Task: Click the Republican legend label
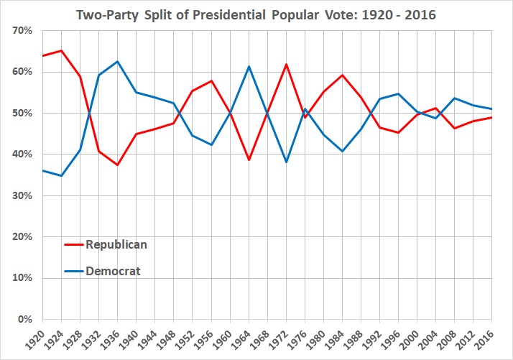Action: pos(116,244)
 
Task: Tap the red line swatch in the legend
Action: pos(73,244)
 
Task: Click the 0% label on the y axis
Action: pos(27,319)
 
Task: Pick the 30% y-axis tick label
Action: pos(24,195)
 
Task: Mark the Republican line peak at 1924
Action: pos(61,50)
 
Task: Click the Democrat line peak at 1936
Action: pos(118,61)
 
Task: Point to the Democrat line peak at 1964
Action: pos(249,66)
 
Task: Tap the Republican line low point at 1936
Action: pos(118,165)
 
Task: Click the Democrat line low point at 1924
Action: pos(61,175)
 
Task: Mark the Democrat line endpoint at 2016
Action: pos(492,109)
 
